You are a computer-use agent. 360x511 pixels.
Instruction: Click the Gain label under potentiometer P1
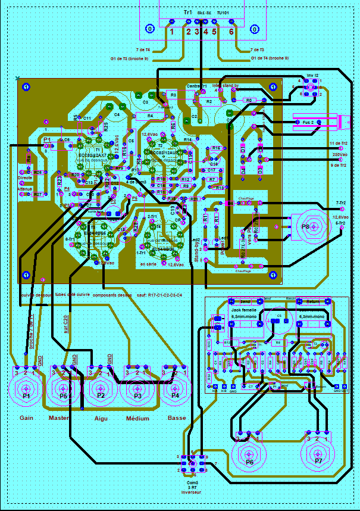point(26,417)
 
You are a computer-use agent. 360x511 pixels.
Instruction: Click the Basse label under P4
point(177,417)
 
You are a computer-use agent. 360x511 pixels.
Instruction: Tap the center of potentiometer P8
point(305,226)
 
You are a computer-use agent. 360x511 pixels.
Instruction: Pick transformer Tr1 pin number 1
point(171,32)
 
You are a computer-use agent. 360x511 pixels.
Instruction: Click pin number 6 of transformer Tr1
point(231,32)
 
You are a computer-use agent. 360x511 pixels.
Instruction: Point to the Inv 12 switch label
point(313,76)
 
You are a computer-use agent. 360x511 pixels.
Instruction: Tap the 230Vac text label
point(341,154)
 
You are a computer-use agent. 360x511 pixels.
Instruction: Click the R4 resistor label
point(150,116)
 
